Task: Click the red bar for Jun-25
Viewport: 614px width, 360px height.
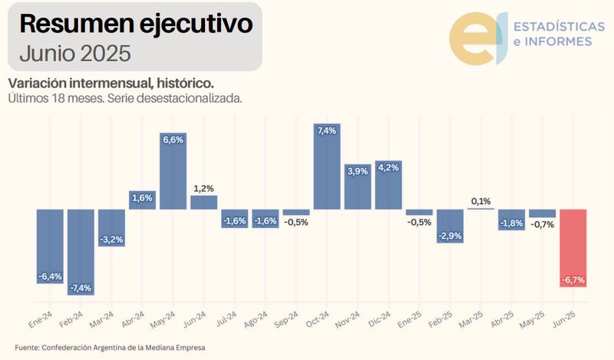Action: [x=573, y=247]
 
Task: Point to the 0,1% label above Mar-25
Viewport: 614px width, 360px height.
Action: [x=480, y=201]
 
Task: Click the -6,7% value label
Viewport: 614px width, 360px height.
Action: [x=573, y=280]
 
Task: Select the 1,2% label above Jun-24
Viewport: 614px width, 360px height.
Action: [x=203, y=188]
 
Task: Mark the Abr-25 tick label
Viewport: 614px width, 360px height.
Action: [x=503, y=319]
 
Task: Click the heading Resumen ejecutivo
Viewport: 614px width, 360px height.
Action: [x=136, y=24]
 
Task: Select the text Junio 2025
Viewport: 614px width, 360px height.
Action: [x=75, y=54]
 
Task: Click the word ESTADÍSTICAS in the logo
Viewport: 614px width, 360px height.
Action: [x=552, y=26]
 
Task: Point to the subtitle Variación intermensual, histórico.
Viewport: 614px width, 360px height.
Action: [x=110, y=83]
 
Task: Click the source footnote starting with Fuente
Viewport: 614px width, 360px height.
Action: [x=111, y=348]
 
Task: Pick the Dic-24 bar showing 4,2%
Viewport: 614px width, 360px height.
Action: [x=388, y=185]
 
